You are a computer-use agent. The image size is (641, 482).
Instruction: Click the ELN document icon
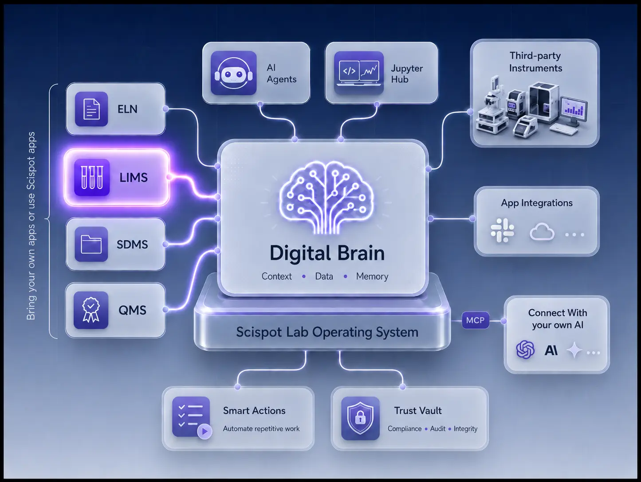pos(91,109)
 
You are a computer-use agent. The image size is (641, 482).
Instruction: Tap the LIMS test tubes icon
pos(92,177)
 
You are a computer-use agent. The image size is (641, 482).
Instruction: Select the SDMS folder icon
pos(91,244)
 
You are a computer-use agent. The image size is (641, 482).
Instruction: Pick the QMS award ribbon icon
pos(91,310)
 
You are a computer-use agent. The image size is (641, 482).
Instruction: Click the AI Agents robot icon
pos(234,73)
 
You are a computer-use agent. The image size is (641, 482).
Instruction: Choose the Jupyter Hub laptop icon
pos(359,73)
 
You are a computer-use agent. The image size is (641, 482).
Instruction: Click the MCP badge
pos(476,320)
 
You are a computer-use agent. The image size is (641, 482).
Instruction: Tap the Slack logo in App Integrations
pos(502,230)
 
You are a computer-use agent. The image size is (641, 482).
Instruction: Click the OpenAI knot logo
pos(525,350)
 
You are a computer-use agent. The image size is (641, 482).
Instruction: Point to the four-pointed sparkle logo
pos(574,350)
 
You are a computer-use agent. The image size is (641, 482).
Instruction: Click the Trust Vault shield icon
pos(360,418)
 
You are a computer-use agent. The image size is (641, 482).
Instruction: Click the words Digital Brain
pos(327,253)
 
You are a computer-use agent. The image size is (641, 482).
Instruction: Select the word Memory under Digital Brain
pos(372,276)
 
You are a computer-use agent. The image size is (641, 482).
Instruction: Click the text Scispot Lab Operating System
pos(327,332)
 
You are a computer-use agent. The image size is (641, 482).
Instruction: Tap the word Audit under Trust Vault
pos(438,429)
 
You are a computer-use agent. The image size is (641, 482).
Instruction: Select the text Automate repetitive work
pos(261,429)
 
